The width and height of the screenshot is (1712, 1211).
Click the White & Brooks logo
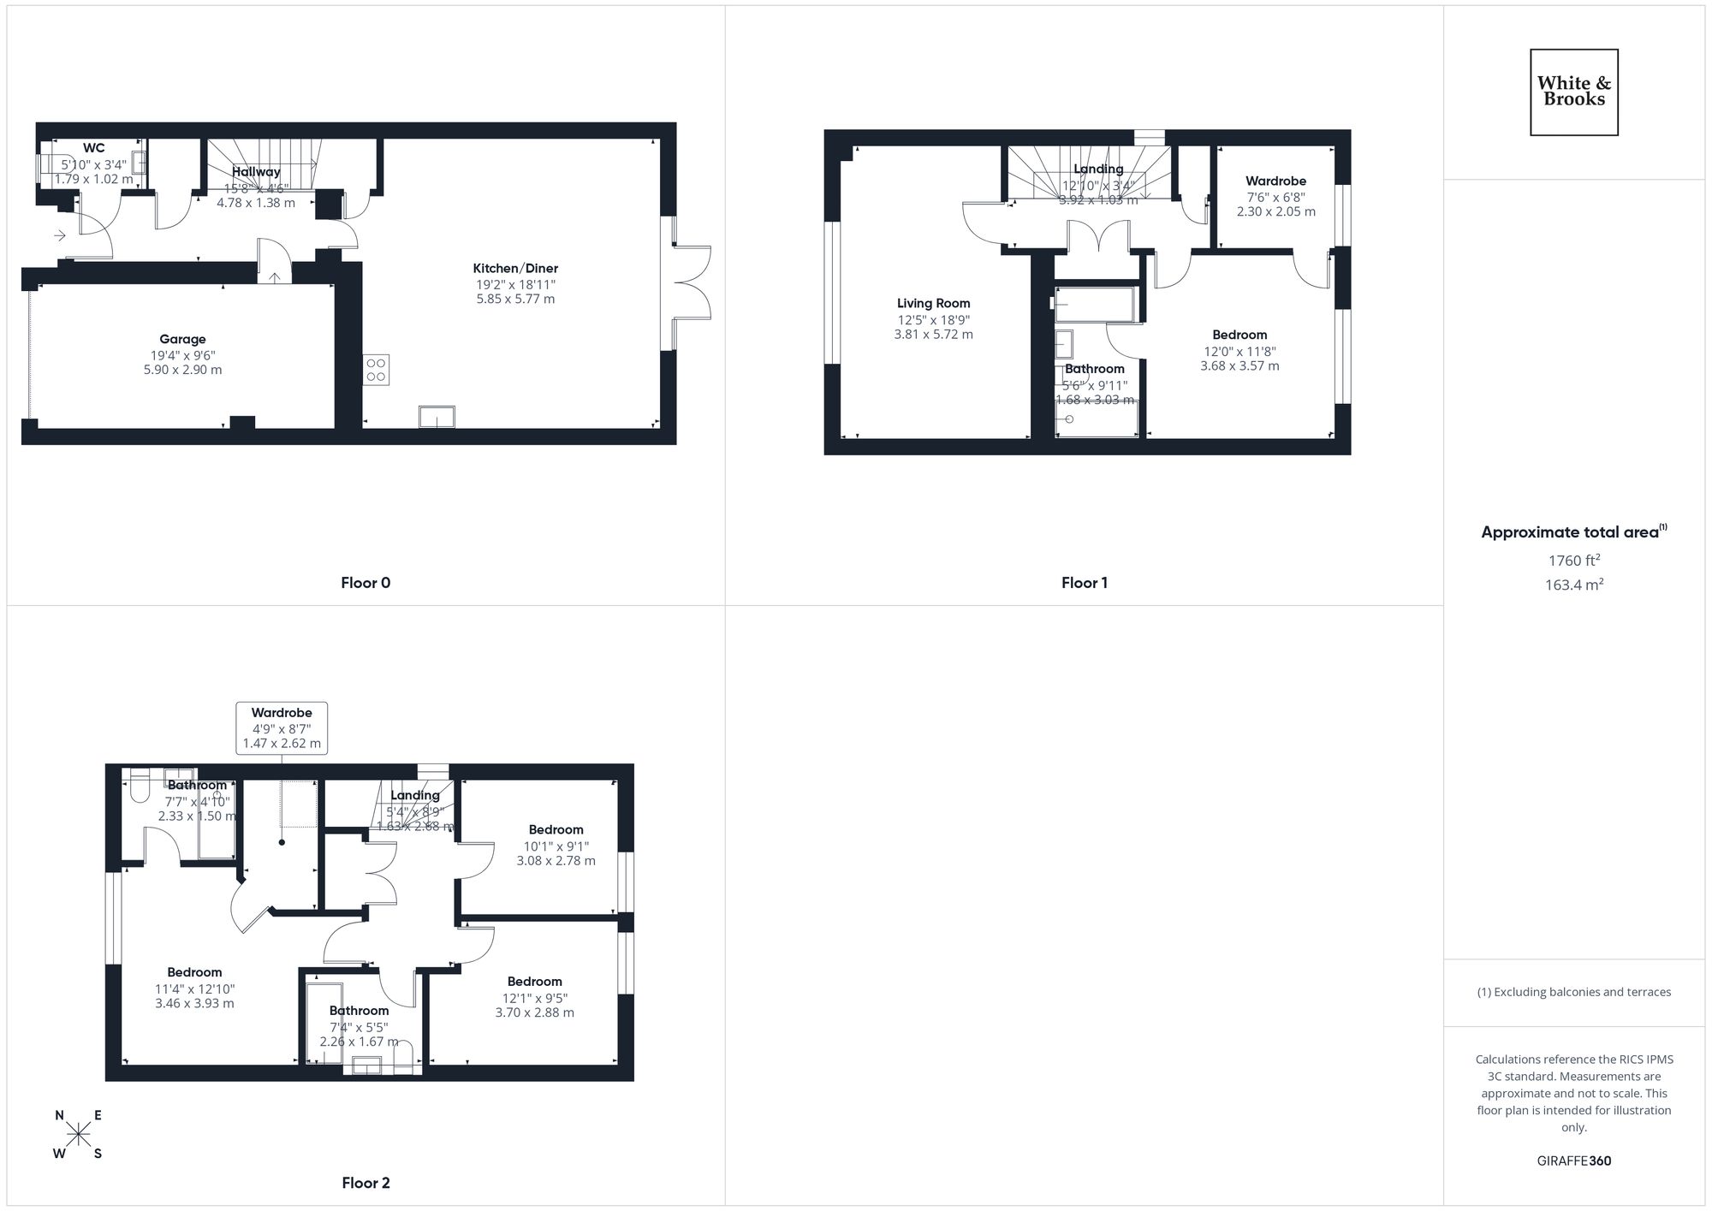(x=1573, y=92)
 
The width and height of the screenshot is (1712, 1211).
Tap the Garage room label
(x=182, y=339)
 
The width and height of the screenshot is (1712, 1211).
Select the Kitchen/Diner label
(x=515, y=268)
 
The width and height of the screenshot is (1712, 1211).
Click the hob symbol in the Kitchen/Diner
(x=376, y=370)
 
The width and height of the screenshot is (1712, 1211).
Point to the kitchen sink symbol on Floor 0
(x=437, y=417)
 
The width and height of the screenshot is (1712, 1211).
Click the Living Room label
(x=933, y=303)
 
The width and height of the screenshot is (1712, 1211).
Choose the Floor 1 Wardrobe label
(x=1275, y=181)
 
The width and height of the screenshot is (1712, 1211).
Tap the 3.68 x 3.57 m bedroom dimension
(x=1239, y=365)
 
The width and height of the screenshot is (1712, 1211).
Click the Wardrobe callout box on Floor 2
(x=282, y=727)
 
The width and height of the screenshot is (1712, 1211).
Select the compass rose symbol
(x=79, y=1134)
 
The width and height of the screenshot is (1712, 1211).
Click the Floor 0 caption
(x=366, y=583)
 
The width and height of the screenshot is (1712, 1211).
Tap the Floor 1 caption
(x=1085, y=583)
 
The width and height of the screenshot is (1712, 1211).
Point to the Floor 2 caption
(x=366, y=1183)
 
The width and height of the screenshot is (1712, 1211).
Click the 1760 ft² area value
(x=1573, y=561)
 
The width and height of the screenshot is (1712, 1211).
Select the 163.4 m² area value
(x=1573, y=585)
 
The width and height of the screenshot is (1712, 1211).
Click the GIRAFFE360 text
(x=1573, y=1161)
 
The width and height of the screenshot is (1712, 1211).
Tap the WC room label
(x=94, y=148)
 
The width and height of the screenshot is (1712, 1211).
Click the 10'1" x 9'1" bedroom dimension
(x=556, y=846)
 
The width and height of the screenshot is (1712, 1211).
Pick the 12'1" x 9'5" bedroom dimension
(x=534, y=997)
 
